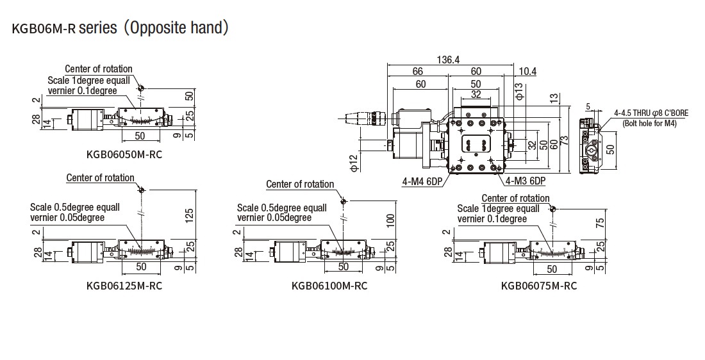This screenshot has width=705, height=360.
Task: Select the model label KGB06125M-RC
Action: (x=124, y=286)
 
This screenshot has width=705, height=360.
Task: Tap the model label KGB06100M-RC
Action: (x=329, y=286)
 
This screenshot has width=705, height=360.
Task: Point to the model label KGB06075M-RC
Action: (x=539, y=286)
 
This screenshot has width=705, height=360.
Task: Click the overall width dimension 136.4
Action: (x=448, y=60)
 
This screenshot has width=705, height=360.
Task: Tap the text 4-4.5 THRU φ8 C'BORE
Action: (x=651, y=113)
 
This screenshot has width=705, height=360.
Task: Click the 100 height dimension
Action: (x=391, y=222)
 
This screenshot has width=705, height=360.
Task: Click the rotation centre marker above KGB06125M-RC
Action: (x=141, y=190)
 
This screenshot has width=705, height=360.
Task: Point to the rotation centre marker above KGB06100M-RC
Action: (x=344, y=201)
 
